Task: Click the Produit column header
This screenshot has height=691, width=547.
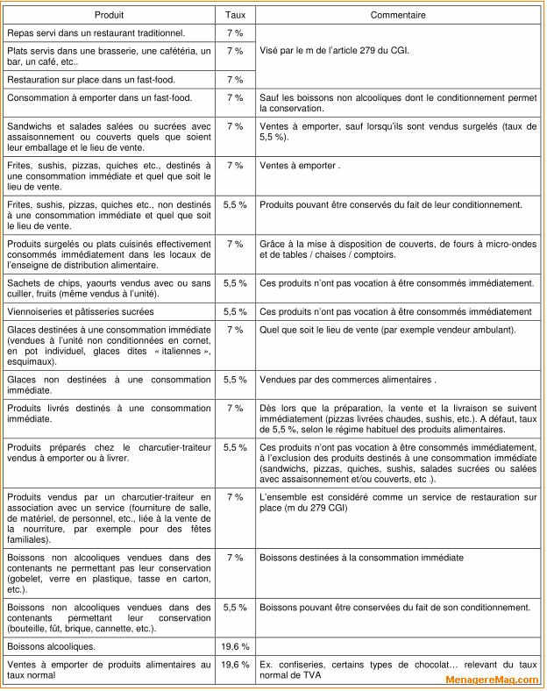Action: pyautogui.click(x=110, y=15)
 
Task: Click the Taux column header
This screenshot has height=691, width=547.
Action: pyautogui.click(x=235, y=15)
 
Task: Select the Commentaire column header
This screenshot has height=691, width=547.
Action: pyautogui.click(x=398, y=15)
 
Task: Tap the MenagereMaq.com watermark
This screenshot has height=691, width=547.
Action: pyautogui.click(x=492, y=680)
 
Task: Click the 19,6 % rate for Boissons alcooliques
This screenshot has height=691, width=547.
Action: pyautogui.click(x=235, y=646)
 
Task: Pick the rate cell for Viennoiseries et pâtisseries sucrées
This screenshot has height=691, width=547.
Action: pyautogui.click(x=235, y=311)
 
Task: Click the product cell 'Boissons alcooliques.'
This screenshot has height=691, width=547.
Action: pyautogui.click(x=52, y=646)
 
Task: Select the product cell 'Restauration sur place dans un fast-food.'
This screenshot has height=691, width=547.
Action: pyautogui.click(x=91, y=80)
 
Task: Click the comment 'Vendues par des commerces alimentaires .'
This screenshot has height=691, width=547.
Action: pyautogui.click(x=348, y=380)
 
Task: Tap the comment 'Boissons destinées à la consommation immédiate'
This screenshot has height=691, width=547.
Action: pyautogui.click(x=362, y=557)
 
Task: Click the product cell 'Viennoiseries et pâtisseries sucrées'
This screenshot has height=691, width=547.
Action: pyautogui.click(x=81, y=311)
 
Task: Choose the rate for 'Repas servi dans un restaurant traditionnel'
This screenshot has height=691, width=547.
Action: pyautogui.click(x=235, y=32)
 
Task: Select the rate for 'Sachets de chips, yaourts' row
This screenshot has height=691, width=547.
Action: pyautogui.click(x=235, y=283)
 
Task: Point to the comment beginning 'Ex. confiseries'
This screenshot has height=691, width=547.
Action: pyautogui.click(x=398, y=670)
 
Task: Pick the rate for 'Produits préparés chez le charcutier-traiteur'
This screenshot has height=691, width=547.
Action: pyautogui.click(x=235, y=447)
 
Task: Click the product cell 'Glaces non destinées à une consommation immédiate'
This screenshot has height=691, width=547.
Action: pyautogui.click(x=110, y=385)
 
